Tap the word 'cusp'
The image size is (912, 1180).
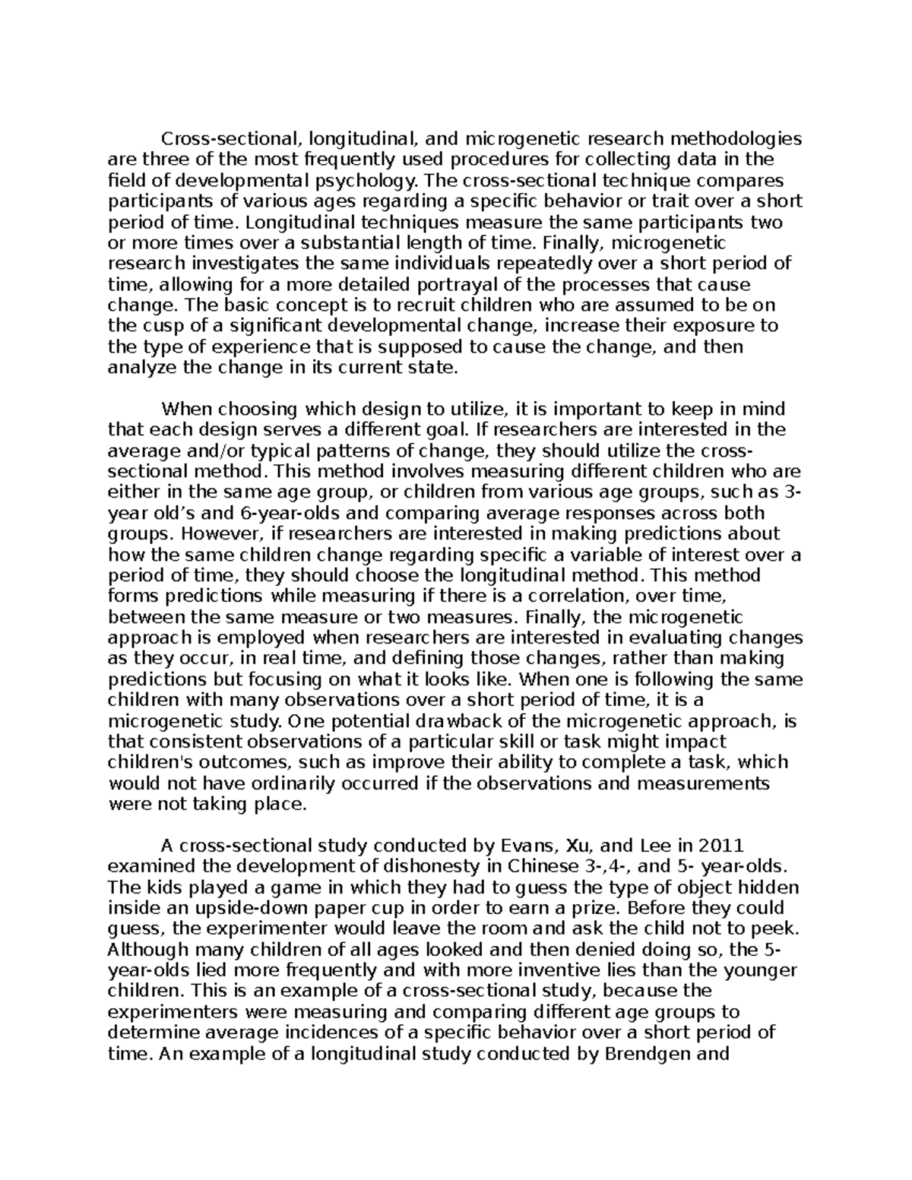point(155,326)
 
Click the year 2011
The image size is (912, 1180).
point(708,846)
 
